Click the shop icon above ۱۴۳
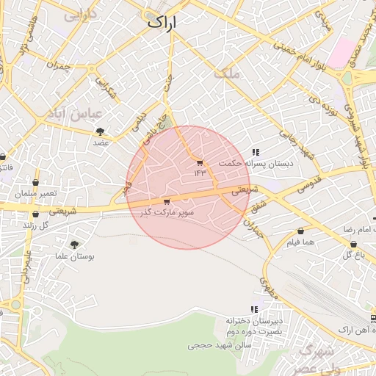(x=200, y=162)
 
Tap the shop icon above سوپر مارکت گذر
(x=167, y=201)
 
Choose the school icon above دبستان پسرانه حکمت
(x=255, y=152)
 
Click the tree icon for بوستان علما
(x=73, y=245)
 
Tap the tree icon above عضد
(x=100, y=131)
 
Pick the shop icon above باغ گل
(x=354, y=244)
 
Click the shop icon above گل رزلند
(x=35, y=214)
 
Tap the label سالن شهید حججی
(x=220, y=344)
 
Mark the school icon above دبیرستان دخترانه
(x=254, y=309)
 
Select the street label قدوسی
(x=307, y=184)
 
